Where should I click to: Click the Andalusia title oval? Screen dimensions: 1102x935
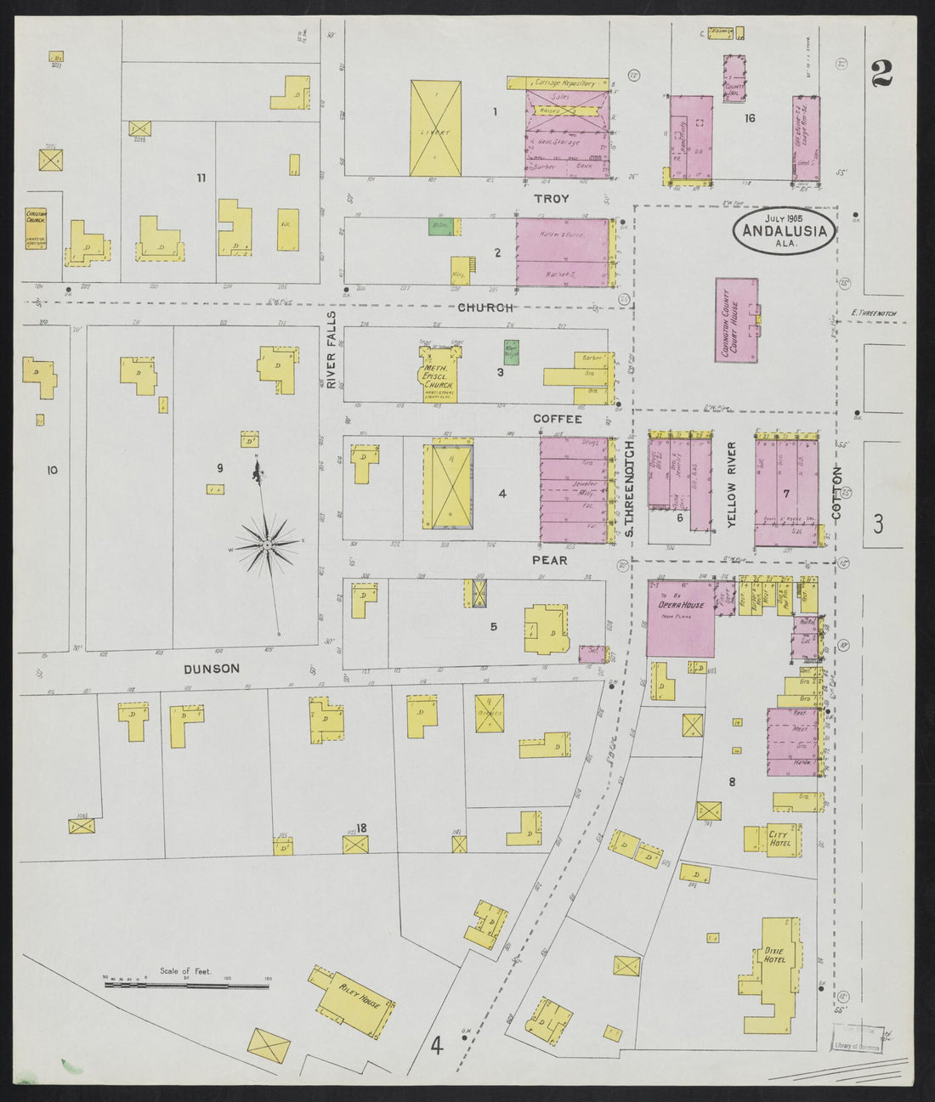[784, 229]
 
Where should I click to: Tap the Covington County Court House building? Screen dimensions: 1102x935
[736, 320]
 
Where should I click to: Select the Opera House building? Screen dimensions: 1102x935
[681, 619]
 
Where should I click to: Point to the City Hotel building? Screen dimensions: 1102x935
[772, 839]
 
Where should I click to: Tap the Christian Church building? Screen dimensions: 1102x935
[36, 227]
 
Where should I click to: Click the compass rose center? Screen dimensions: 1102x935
[267, 544]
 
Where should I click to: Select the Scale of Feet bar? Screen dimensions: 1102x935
[185, 986]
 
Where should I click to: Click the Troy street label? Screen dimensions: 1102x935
[551, 198]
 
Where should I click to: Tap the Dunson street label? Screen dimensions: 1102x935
[212, 669]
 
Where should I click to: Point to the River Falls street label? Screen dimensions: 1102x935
[332, 349]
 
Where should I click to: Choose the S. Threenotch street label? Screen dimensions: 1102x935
[630, 488]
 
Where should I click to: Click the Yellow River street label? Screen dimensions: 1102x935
[732, 496]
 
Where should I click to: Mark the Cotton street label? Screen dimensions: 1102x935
[836, 493]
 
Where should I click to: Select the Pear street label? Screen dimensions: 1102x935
[550, 561]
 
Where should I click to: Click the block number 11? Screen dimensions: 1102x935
[201, 178]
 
